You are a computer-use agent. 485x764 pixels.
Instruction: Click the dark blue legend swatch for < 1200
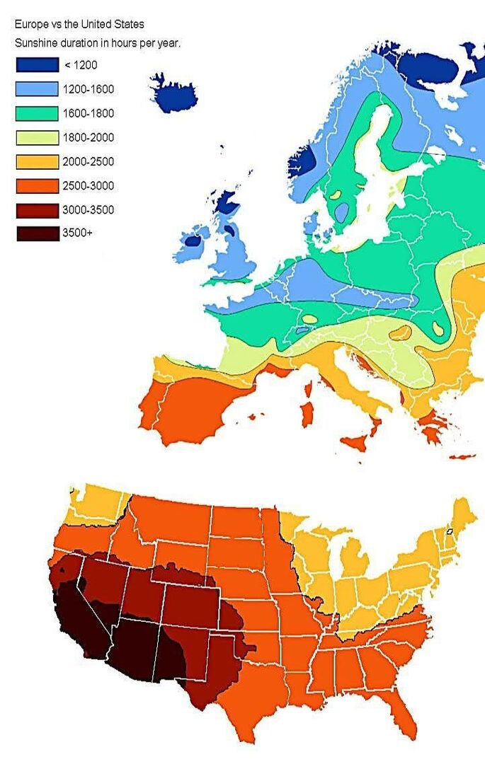[38, 65]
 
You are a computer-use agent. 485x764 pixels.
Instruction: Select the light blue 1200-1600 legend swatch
[38, 89]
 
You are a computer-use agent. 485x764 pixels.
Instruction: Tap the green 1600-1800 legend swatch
[38, 113]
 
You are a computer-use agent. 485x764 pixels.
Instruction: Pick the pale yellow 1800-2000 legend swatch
[38, 137]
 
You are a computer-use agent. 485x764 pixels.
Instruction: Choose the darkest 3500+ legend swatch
[38, 233]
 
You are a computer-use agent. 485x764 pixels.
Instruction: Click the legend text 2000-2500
[88, 162]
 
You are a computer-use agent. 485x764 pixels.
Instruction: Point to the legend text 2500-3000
[88, 186]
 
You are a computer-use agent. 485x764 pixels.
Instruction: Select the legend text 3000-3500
[88, 210]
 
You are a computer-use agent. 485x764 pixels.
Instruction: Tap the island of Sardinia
[307, 414]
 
